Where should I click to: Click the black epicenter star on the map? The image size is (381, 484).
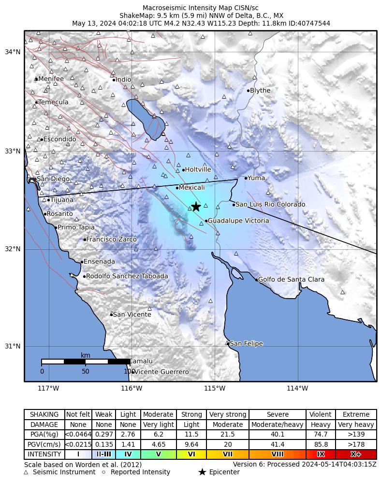click(196, 207)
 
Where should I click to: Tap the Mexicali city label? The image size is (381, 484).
click(192, 187)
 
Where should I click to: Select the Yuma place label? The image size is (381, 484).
click(256, 178)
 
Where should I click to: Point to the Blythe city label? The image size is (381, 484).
click(260, 91)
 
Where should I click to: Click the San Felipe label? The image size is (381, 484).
click(246, 344)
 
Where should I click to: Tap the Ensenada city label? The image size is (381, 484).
click(100, 262)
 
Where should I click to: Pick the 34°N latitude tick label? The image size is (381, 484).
click(13, 52)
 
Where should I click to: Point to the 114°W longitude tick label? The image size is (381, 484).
click(297, 388)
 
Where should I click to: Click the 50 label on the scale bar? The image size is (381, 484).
click(86, 372)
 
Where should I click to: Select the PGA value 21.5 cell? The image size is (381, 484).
click(227, 435)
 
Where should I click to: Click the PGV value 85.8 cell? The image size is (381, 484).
click(321, 444)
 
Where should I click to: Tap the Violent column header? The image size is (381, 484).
click(321, 415)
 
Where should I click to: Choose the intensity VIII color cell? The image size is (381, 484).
click(278, 454)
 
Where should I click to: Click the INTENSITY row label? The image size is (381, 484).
click(44, 454)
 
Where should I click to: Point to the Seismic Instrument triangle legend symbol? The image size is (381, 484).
click(26, 472)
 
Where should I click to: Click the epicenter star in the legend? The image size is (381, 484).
click(202, 472)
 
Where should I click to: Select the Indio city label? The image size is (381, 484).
click(123, 80)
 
